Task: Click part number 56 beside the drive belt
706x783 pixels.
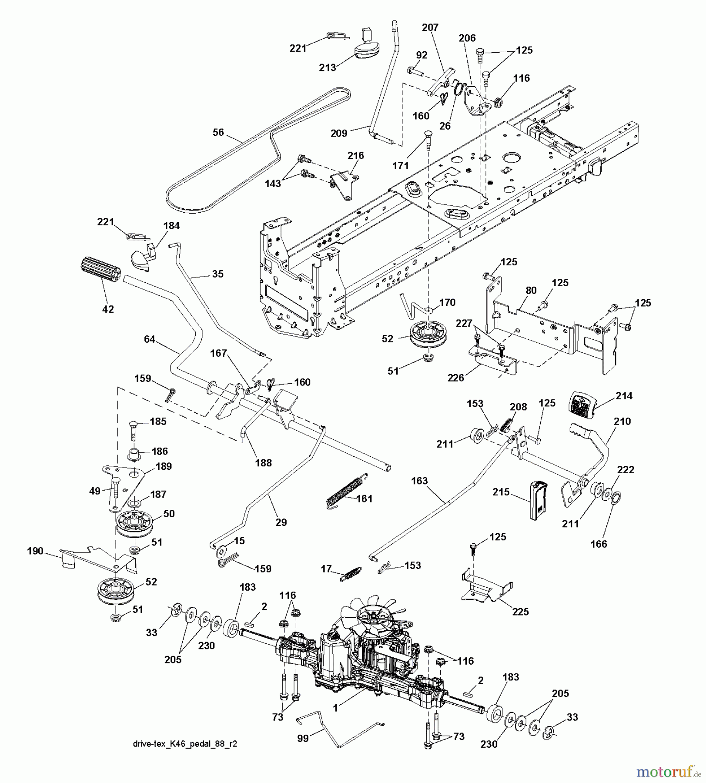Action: [x=218, y=132]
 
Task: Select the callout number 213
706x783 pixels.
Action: [x=327, y=67]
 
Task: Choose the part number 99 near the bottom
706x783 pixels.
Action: [x=303, y=738]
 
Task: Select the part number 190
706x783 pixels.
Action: [x=35, y=551]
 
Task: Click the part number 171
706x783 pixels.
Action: [x=400, y=165]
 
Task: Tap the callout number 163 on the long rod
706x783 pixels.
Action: [x=419, y=481]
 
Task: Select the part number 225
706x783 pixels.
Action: [x=520, y=612]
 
